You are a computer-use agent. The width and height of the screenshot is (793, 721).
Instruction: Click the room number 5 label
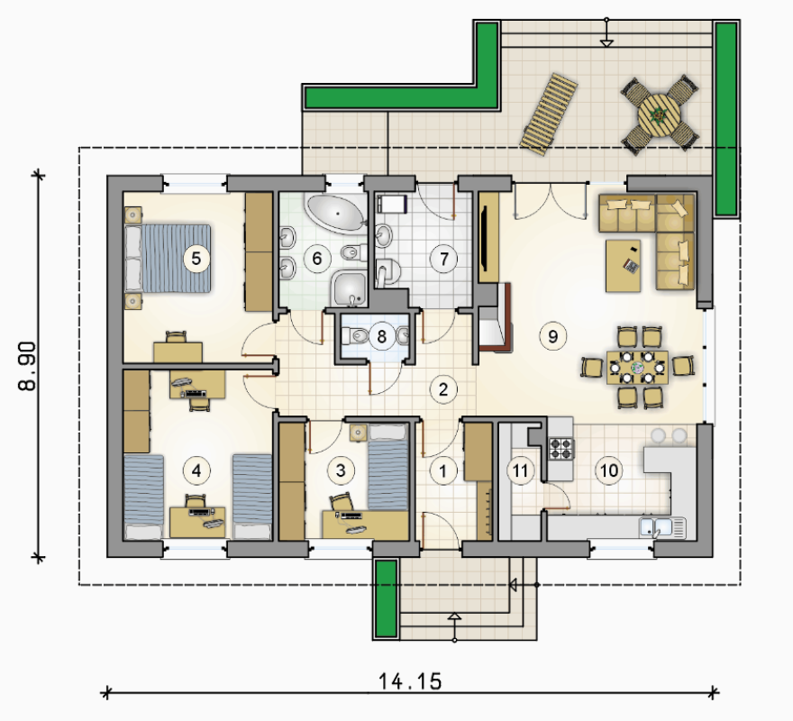(x=196, y=259)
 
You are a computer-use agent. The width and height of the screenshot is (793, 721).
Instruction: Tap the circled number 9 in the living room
(x=552, y=336)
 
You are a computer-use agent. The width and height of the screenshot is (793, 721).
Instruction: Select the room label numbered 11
(x=520, y=470)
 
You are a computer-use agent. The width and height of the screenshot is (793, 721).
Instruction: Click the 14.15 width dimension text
(x=410, y=681)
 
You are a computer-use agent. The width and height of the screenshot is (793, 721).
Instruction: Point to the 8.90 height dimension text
(x=27, y=366)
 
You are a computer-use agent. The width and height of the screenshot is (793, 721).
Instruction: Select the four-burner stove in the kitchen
(x=562, y=448)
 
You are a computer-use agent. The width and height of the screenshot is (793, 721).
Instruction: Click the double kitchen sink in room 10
(x=662, y=527)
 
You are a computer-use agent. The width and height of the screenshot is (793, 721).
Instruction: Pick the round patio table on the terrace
(x=659, y=114)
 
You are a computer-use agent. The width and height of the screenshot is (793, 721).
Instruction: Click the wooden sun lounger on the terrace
(x=548, y=114)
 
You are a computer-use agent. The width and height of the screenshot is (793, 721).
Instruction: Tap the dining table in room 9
(x=637, y=367)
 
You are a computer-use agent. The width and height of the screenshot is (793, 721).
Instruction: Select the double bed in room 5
(x=168, y=259)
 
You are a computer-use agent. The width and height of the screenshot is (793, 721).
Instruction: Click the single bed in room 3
(x=387, y=467)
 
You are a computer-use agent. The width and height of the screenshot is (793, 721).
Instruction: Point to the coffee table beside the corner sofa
(x=623, y=266)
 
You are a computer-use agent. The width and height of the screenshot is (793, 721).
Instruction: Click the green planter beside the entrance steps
(x=387, y=598)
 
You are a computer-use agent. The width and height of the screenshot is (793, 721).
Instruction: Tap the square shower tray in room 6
(x=349, y=289)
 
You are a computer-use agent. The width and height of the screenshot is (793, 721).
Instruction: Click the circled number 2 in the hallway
(x=443, y=389)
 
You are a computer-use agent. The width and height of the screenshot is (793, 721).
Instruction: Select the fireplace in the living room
(x=495, y=318)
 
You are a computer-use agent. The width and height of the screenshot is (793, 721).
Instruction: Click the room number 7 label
(x=443, y=259)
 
